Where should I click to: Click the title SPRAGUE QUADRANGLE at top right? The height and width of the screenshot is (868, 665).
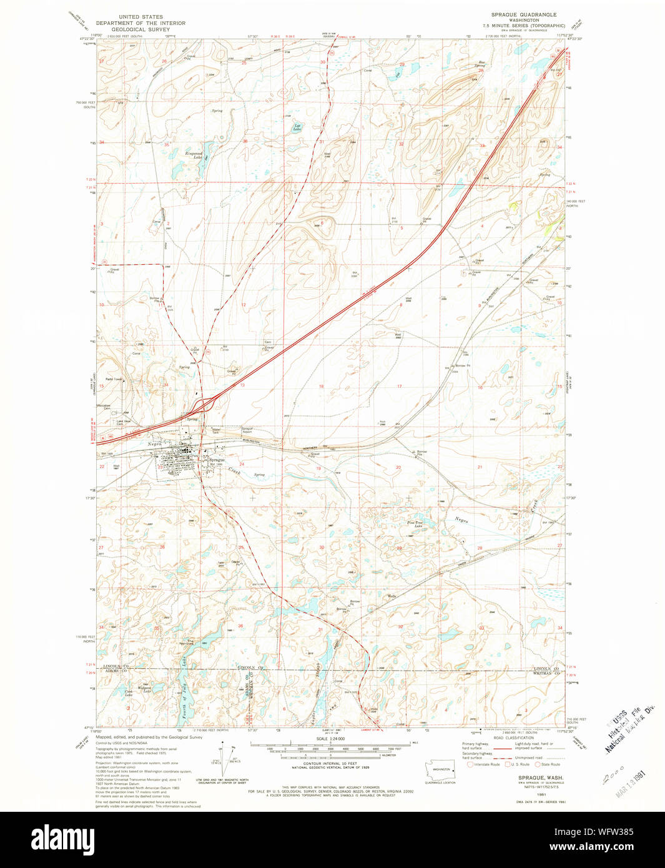[523, 14]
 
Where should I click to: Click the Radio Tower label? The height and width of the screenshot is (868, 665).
[113, 379]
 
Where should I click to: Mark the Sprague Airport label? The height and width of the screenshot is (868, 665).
[247, 430]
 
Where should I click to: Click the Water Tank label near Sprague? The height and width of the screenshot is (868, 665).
[217, 431]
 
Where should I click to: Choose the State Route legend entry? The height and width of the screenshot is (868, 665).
[547, 764]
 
